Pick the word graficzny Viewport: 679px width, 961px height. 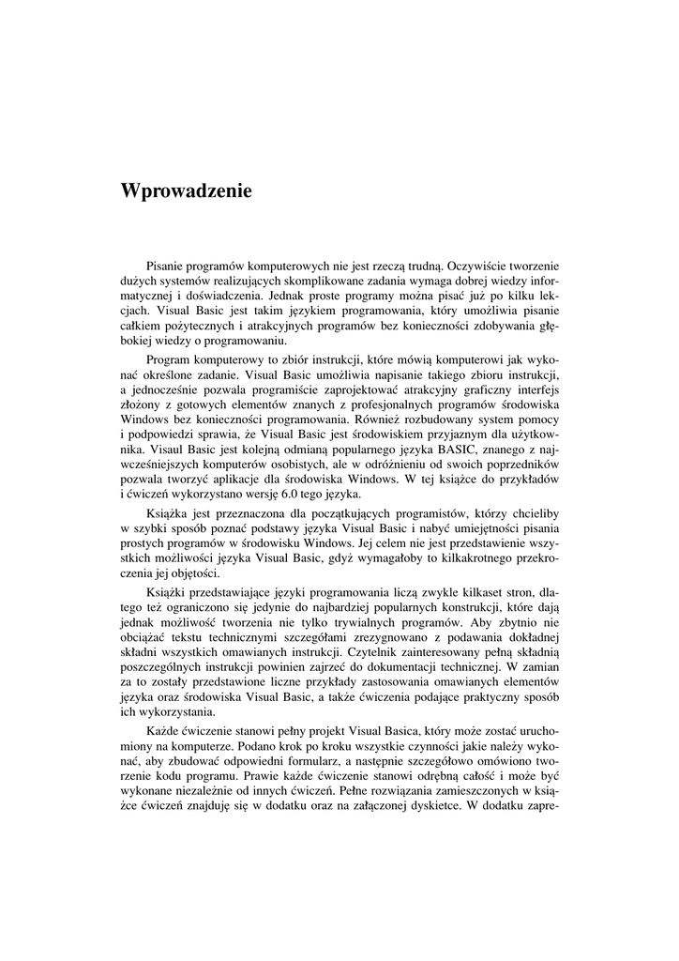[x=469, y=387]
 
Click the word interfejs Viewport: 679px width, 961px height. [x=533, y=387]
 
